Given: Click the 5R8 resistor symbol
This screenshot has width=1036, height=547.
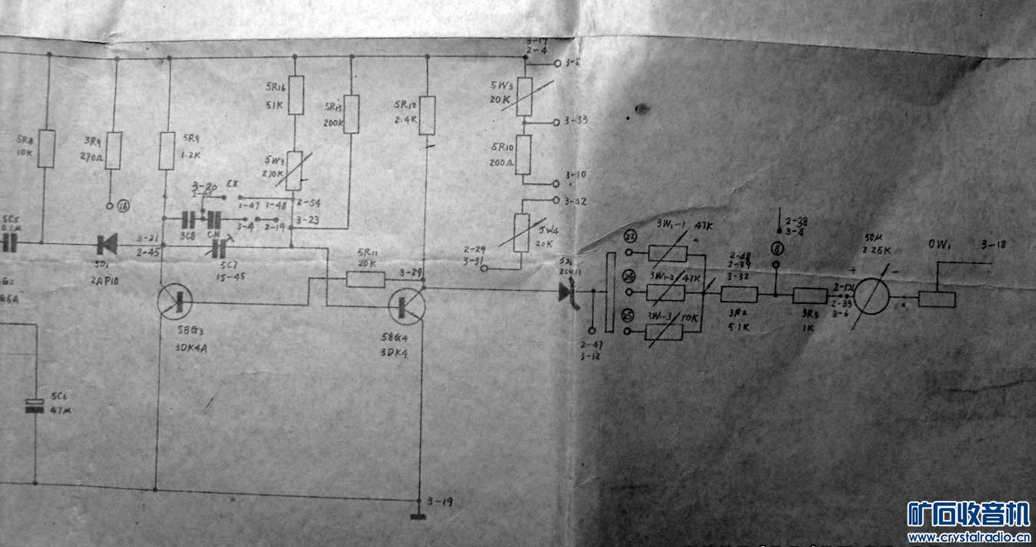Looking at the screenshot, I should (47, 148).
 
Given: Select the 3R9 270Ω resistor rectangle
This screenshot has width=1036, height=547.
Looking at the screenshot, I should (114, 150).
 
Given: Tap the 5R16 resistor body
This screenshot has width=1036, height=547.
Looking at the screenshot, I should (295, 95).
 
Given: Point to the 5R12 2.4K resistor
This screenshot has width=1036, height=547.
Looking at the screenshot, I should (428, 115).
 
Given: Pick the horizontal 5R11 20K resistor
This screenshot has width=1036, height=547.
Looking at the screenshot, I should (365, 279).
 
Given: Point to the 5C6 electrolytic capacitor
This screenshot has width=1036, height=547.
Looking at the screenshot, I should (35, 405).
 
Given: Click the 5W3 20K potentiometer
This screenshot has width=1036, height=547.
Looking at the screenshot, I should (525, 95).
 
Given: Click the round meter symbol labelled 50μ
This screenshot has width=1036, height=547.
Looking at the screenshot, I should (874, 293).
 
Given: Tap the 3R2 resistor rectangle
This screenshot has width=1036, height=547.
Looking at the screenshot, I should (739, 294).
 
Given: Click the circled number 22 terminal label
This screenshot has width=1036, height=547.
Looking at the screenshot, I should (631, 236).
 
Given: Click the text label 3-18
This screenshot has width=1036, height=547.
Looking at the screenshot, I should (993, 245).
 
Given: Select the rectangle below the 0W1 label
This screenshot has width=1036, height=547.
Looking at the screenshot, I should (937, 299).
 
